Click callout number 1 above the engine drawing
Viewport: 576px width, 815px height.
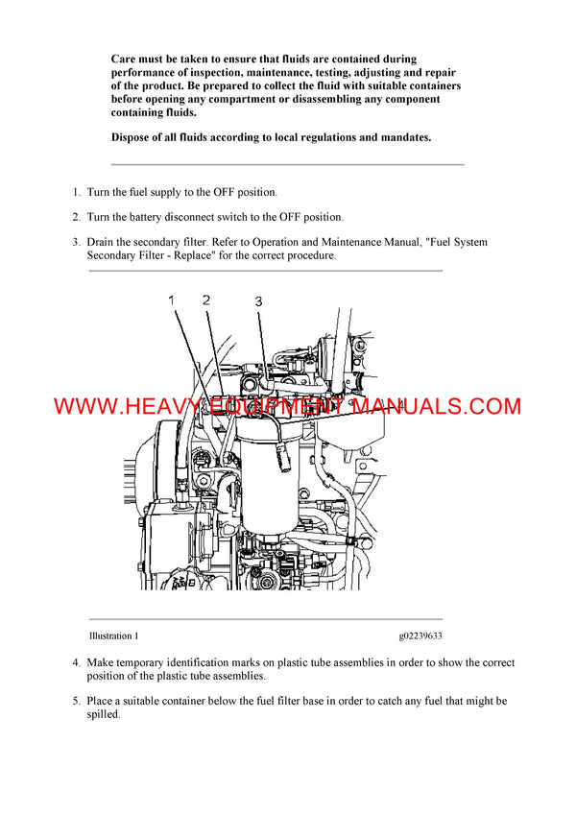coord(172,300)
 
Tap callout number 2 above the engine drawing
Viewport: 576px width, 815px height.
coord(205,300)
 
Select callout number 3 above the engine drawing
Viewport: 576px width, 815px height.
coord(258,301)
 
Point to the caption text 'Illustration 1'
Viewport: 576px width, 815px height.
coord(113,635)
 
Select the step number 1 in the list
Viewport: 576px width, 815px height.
coord(76,193)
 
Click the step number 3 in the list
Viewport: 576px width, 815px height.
coord(76,243)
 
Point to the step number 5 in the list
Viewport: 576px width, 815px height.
coord(76,702)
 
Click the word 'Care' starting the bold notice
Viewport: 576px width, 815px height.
coord(125,60)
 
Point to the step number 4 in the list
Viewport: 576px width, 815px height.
coord(76,663)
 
